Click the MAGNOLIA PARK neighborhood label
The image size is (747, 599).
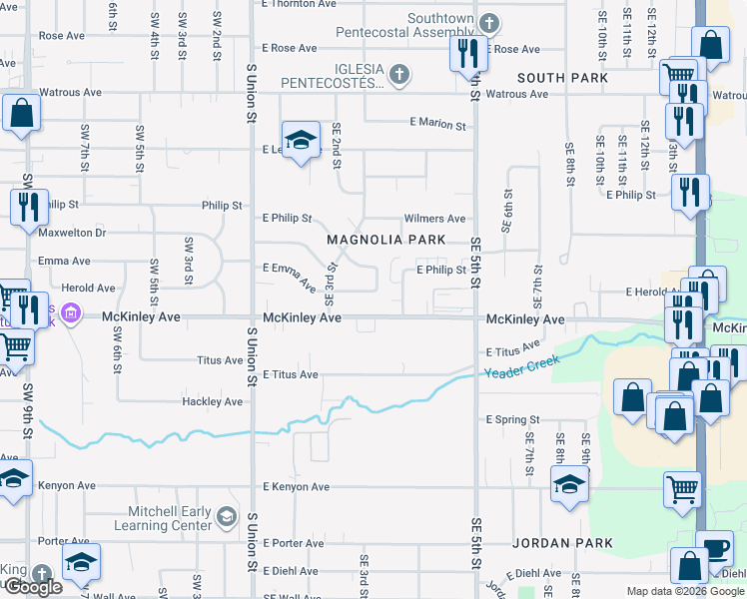(386, 240)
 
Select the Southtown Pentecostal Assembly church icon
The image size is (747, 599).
(488, 23)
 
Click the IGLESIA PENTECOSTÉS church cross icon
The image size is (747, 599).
(398, 74)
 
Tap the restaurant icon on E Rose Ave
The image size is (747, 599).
(468, 53)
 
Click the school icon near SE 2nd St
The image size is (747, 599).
(299, 141)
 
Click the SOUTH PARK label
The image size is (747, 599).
(562, 78)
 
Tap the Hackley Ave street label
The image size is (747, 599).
(212, 402)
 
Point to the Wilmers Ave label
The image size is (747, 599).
(434, 219)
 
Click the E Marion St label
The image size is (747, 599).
(437, 125)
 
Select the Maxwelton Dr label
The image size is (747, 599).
(72, 233)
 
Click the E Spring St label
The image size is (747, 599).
(512, 420)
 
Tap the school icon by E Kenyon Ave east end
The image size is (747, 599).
(569, 486)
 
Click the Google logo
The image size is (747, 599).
(33, 587)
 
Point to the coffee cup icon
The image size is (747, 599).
(715, 548)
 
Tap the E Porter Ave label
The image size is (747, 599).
(294, 544)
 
